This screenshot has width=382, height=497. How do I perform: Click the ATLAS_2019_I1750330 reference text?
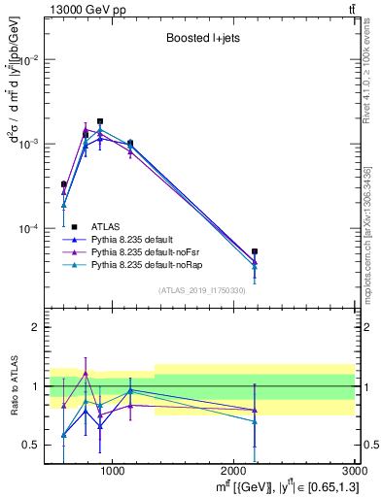(201, 290)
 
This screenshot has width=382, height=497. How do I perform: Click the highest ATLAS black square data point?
(100, 121)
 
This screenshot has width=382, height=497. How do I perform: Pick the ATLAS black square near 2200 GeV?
(255, 251)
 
